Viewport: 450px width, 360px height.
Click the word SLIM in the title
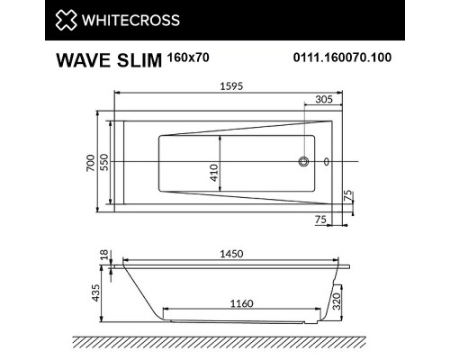pos(138,62)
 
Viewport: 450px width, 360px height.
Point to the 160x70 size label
pos(187,58)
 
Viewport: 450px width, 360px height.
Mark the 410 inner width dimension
pos(215,172)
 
